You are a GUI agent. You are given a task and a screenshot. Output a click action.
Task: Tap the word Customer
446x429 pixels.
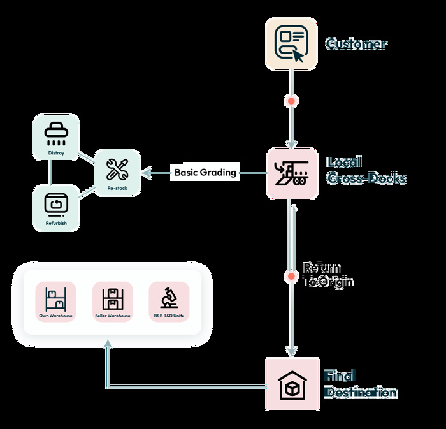(x=356, y=44)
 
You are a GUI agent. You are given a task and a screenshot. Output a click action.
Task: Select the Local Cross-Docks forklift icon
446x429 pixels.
(x=292, y=173)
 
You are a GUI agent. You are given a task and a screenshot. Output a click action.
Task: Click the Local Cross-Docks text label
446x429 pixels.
(x=365, y=170)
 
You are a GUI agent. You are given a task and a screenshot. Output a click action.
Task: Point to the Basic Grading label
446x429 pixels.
(x=205, y=172)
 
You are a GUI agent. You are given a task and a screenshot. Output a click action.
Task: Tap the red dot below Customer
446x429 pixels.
(x=292, y=101)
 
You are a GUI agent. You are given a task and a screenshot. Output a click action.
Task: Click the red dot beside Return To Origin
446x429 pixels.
(x=292, y=277)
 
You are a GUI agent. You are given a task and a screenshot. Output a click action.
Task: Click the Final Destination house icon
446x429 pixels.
(x=292, y=384)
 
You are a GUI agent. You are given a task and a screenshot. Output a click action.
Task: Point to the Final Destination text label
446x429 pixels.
(x=361, y=384)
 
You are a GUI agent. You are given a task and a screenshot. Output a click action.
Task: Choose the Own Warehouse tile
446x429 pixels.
(x=55, y=301)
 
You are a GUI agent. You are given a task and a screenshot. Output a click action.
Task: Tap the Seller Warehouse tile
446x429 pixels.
(x=112, y=301)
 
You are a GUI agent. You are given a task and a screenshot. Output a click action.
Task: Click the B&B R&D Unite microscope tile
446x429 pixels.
(x=169, y=301)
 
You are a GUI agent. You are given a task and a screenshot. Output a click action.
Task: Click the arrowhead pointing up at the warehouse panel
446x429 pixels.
(x=107, y=344)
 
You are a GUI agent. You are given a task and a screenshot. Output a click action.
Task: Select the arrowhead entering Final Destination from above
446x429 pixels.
(x=292, y=351)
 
